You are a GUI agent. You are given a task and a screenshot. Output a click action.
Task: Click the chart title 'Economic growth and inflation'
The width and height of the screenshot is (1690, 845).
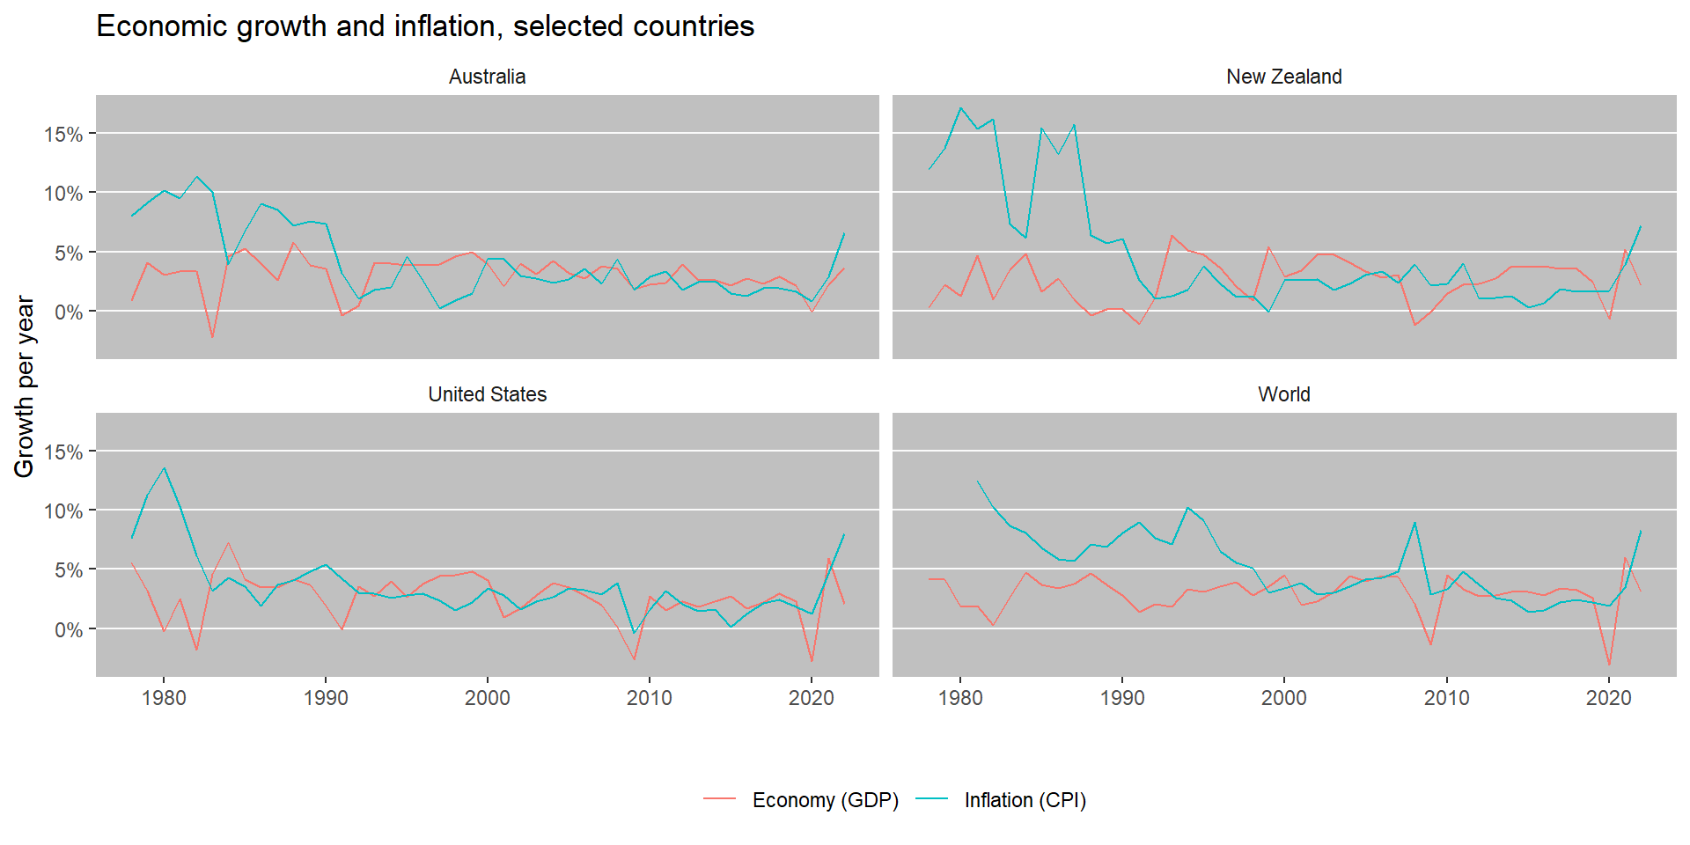(x=424, y=26)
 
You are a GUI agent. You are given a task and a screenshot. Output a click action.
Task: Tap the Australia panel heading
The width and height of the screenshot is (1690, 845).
(x=487, y=77)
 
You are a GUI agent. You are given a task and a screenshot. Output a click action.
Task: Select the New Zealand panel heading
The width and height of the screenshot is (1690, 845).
(x=1283, y=77)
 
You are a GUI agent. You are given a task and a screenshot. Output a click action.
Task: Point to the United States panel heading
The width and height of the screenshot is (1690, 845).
(x=487, y=394)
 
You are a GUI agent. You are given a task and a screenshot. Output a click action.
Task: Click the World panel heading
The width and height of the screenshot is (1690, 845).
(x=1283, y=394)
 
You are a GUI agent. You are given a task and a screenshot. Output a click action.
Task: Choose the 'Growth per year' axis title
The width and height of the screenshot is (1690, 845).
(x=25, y=386)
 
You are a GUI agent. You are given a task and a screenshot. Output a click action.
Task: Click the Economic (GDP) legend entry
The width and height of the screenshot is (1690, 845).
(x=824, y=800)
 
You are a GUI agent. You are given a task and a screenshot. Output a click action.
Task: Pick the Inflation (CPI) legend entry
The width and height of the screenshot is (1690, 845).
(x=1025, y=800)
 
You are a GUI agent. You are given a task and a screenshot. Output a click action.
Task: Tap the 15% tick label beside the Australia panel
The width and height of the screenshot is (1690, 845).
(x=63, y=135)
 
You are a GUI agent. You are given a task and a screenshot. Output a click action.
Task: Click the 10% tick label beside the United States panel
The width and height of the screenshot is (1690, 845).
(x=63, y=511)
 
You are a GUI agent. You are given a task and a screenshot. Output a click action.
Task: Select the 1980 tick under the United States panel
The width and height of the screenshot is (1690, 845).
(x=164, y=698)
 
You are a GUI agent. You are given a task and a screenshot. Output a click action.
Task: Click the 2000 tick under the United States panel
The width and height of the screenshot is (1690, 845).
(x=487, y=698)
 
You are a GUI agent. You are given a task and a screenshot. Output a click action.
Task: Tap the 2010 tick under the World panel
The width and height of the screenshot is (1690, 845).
(x=1446, y=698)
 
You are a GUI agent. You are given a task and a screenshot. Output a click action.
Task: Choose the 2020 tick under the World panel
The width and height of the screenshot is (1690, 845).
(x=1608, y=698)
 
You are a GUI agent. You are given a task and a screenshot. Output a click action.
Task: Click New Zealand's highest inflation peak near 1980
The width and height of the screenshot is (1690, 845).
(x=960, y=108)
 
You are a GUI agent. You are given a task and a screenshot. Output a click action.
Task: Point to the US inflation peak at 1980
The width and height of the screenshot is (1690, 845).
(x=164, y=468)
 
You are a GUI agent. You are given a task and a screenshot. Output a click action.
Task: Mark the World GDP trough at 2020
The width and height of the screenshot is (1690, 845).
(x=1609, y=665)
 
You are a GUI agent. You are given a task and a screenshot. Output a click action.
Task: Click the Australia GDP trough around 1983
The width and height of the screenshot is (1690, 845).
(x=212, y=337)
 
